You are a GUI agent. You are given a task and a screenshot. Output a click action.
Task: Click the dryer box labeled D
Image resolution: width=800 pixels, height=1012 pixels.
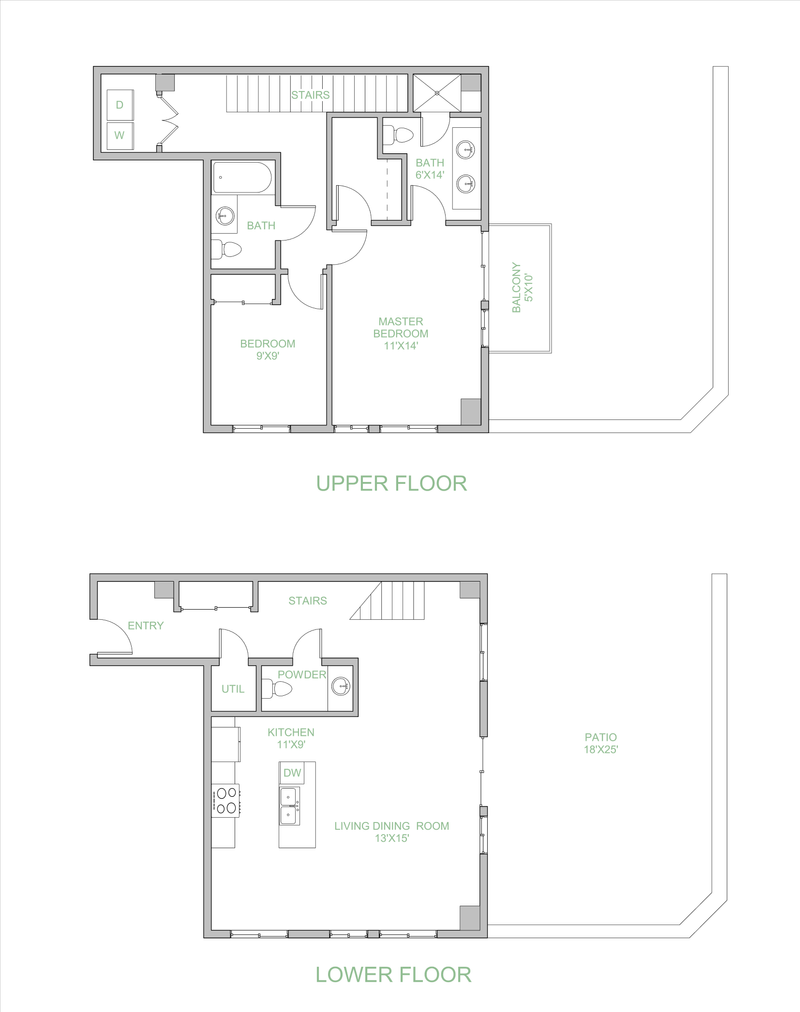pyautogui.click(x=120, y=104)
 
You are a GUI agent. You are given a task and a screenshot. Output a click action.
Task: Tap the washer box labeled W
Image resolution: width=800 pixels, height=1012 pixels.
pyautogui.click(x=120, y=134)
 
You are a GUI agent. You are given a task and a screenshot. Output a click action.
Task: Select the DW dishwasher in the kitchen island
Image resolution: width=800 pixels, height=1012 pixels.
pyautogui.click(x=292, y=773)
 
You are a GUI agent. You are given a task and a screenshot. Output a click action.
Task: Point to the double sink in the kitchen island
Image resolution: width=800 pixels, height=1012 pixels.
pyautogui.click(x=292, y=806)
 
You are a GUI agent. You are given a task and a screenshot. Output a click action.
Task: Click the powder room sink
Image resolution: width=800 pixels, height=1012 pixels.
pyautogui.click(x=341, y=686)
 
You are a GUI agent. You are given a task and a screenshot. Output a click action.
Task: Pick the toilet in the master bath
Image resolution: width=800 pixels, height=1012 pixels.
pyautogui.click(x=399, y=135)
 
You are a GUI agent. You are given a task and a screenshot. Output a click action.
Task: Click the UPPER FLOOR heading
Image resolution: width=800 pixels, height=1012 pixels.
pyautogui.click(x=391, y=484)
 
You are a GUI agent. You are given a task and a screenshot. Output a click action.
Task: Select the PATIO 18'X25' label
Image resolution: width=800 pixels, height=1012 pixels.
pyautogui.click(x=601, y=743)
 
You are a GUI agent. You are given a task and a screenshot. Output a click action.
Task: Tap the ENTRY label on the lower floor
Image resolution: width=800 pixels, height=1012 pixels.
pyautogui.click(x=146, y=626)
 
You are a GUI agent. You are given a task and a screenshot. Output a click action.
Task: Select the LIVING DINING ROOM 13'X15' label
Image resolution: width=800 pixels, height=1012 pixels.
pyautogui.click(x=391, y=832)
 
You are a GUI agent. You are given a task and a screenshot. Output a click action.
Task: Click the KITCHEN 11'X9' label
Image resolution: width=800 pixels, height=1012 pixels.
pyautogui.click(x=291, y=738)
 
